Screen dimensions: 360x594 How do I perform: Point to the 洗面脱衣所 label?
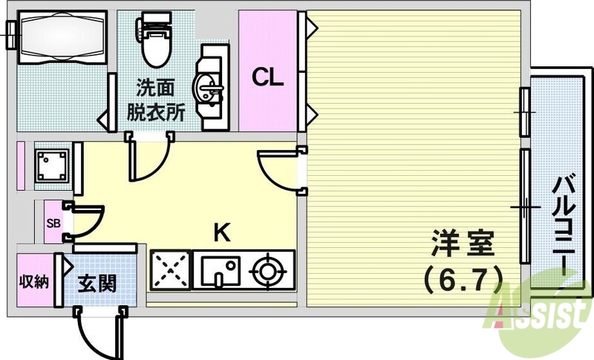[x=154, y=100]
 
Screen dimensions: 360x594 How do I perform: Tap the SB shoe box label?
[x=53, y=222]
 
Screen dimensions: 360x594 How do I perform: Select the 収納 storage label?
[x=33, y=281]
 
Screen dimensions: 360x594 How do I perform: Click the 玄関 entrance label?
[x=97, y=283]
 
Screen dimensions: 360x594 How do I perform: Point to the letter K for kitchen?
[x=221, y=233]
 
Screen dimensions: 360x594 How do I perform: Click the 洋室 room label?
[x=463, y=243]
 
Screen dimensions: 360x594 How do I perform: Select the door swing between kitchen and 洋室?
[x=278, y=169]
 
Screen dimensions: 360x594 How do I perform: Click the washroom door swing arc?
[x=148, y=160]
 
